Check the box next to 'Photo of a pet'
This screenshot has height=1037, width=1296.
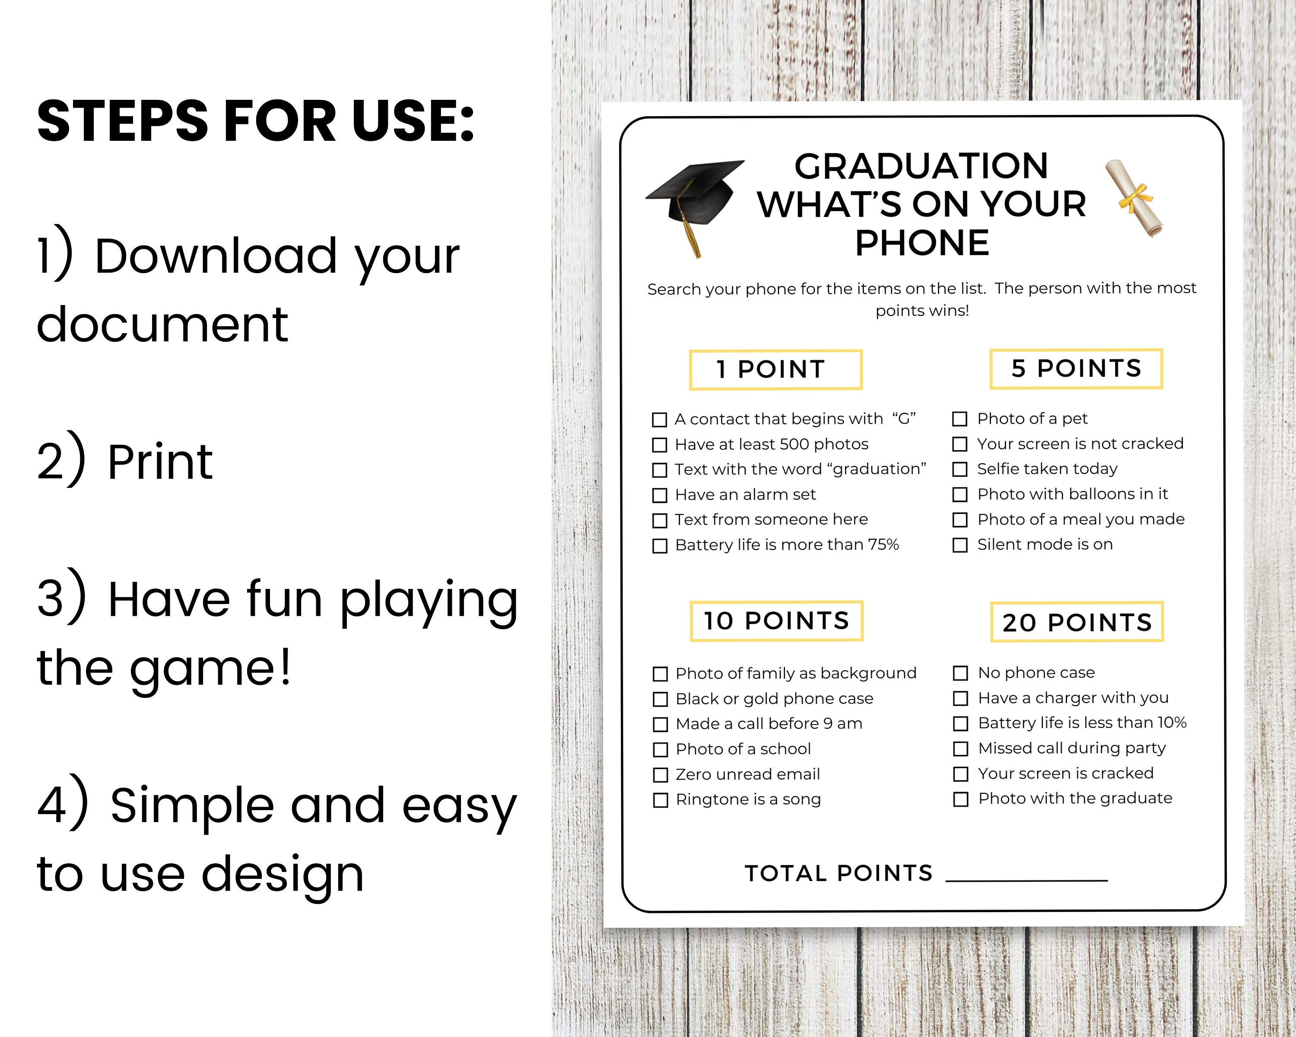pos(960,419)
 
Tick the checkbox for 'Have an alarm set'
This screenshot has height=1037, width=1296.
pos(660,495)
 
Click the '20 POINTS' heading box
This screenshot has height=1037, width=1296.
pos(1077,622)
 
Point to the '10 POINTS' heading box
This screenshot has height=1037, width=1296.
pos(776,621)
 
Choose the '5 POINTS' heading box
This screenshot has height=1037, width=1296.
pos(1076,369)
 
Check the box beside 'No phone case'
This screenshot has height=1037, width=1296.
pos(961,673)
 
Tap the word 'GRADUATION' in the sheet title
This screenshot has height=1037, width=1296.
pos(921,166)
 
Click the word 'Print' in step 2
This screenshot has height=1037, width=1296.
pos(160,462)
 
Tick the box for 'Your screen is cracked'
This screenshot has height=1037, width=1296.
pos(961,774)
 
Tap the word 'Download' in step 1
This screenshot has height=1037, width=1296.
pos(216,257)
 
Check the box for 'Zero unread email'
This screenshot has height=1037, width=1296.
pos(661,775)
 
